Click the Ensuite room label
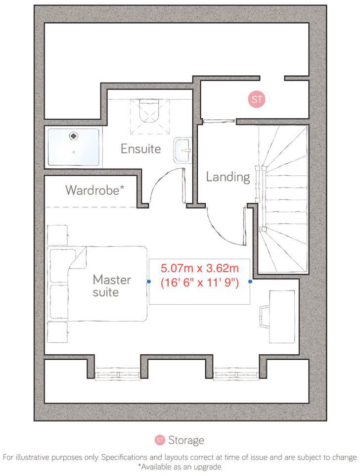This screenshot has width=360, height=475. point(141,148)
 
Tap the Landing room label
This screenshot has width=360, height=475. point(227,177)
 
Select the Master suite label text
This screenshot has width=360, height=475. point(112,286)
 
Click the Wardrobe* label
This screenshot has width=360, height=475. point(94,190)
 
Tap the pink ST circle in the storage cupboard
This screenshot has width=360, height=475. point(257,99)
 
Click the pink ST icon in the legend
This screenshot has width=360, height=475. point(160,440)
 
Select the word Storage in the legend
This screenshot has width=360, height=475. point(186,440)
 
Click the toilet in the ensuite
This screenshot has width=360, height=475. point(148,110)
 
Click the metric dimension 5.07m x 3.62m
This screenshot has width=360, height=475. point(199,269)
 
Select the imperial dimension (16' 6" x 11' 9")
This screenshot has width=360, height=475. point(200,284)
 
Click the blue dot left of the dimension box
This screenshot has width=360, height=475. point(149,282)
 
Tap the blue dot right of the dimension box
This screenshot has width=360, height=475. point(250,282)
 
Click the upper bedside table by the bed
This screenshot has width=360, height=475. point(57,235)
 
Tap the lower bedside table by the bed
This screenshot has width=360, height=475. point(57,332)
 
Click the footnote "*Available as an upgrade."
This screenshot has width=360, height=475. point(180,467)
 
